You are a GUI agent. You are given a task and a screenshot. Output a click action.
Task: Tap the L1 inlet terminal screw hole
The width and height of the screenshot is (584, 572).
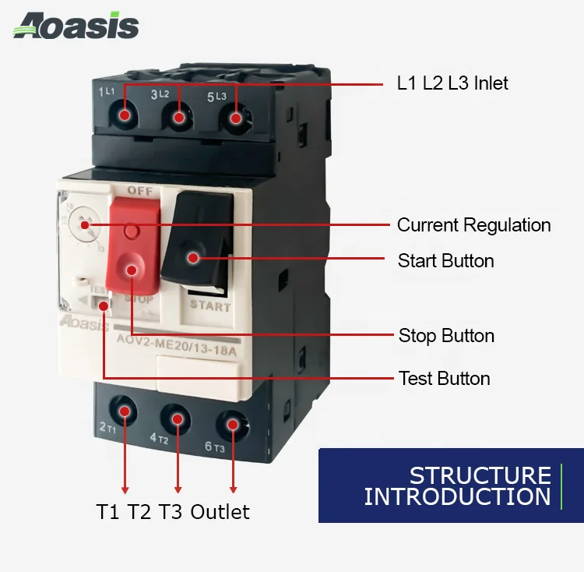(x=125, y=116)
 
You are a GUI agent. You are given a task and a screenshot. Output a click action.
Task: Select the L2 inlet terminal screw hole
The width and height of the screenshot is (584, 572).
(x=179, y=118)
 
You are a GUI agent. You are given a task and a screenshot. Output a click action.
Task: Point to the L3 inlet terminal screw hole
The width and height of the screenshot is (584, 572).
(x=234, y=118)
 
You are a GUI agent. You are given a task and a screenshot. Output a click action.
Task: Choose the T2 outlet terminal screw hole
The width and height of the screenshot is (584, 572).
(x=178, y=419)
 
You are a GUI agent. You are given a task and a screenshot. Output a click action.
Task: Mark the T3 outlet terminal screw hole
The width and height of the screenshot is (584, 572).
(x=233, y=423)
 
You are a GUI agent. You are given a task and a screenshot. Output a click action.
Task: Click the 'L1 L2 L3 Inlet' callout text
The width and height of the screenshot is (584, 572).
(x=452, y=83)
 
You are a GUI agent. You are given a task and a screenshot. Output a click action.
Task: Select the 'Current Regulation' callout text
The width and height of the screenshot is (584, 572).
(x=473, y=225)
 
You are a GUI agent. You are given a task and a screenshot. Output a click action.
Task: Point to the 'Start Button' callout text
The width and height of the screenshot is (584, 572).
(x=445, y=260)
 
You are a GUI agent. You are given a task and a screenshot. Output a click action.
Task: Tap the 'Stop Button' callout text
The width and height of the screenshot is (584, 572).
(x=446, y=336)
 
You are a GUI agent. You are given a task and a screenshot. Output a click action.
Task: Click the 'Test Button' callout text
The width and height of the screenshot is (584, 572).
(x=444, y=379)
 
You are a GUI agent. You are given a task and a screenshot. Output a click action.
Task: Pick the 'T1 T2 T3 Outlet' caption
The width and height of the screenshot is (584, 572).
(x=173, y=512)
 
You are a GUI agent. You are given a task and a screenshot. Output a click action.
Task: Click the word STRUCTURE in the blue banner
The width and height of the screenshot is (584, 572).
(x=480, y=475)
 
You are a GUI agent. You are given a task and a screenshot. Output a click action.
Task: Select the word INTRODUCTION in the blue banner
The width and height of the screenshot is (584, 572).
(x=457, y=496)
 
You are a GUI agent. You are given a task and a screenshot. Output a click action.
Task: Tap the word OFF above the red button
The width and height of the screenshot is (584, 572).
(x=139, y=189)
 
